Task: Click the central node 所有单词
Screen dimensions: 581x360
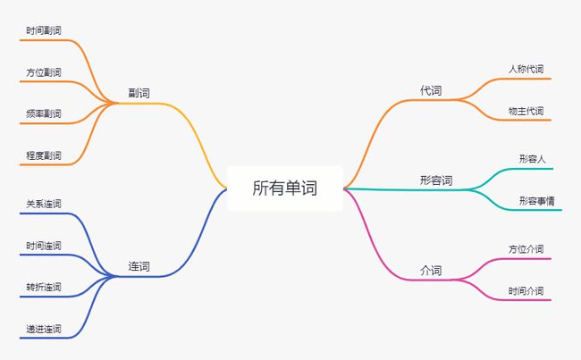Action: pos(284,188)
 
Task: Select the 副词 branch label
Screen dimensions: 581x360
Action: pos(139,93)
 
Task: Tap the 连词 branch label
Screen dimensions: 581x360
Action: pos(139,266)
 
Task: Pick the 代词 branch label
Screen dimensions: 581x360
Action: pos(431,91)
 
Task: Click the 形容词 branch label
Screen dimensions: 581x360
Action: pos(436,180)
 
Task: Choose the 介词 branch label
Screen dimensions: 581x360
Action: pos(431,270)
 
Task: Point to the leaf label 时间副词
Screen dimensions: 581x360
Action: pos(44,30)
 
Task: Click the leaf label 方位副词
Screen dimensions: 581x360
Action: pos(44,71)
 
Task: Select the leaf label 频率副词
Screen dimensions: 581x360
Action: pos(44,113)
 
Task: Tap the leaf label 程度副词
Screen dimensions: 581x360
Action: pos(44,155)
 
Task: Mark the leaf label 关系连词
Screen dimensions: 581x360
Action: pos(44,205)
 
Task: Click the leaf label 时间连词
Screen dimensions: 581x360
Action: pos(44,246)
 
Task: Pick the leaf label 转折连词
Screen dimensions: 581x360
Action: pos(44,287)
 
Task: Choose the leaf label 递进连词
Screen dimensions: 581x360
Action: pos(44,329)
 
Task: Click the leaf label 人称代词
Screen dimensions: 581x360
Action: pos(526,69)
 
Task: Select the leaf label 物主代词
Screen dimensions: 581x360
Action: pos(526,111)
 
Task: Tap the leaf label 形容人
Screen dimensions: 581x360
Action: pos(532,159)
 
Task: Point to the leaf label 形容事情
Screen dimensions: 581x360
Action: pos(536,200)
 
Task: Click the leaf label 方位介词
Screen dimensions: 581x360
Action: pos(526,249)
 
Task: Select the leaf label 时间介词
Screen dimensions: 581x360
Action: pos(526,290)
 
